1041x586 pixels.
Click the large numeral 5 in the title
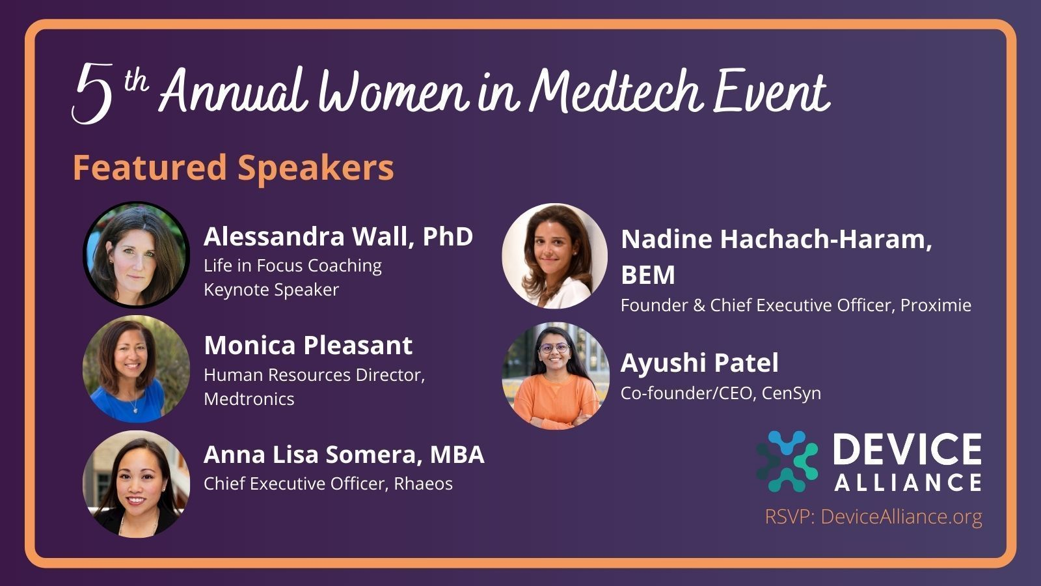tap(93, 94)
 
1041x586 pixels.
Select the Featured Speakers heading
tap(234, 168)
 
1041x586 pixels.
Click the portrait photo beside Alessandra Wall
tap(136, 255)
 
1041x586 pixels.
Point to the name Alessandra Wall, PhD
tap(338, 236)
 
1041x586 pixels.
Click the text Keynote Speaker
tap(271, 290)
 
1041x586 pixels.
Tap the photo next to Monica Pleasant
tap(136, 369)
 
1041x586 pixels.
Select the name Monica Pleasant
tap(308, 345)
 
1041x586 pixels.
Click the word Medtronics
tap(249, 399)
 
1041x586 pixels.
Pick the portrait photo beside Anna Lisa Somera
tap(136, 484)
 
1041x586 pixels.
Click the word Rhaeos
tap(424, 484)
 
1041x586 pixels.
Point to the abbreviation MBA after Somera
tap(457, 454)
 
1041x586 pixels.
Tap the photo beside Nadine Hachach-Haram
tap(555, 256)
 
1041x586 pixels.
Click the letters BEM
tap(648, 274)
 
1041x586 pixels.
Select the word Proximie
tap(936, 305)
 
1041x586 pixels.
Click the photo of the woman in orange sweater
tap(556, 376)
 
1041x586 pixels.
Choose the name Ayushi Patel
tap(699, 363)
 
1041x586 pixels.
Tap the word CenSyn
tap(791, 393)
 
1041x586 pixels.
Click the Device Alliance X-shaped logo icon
tap(787, 462)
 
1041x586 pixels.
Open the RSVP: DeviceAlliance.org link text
tap(874, 517)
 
